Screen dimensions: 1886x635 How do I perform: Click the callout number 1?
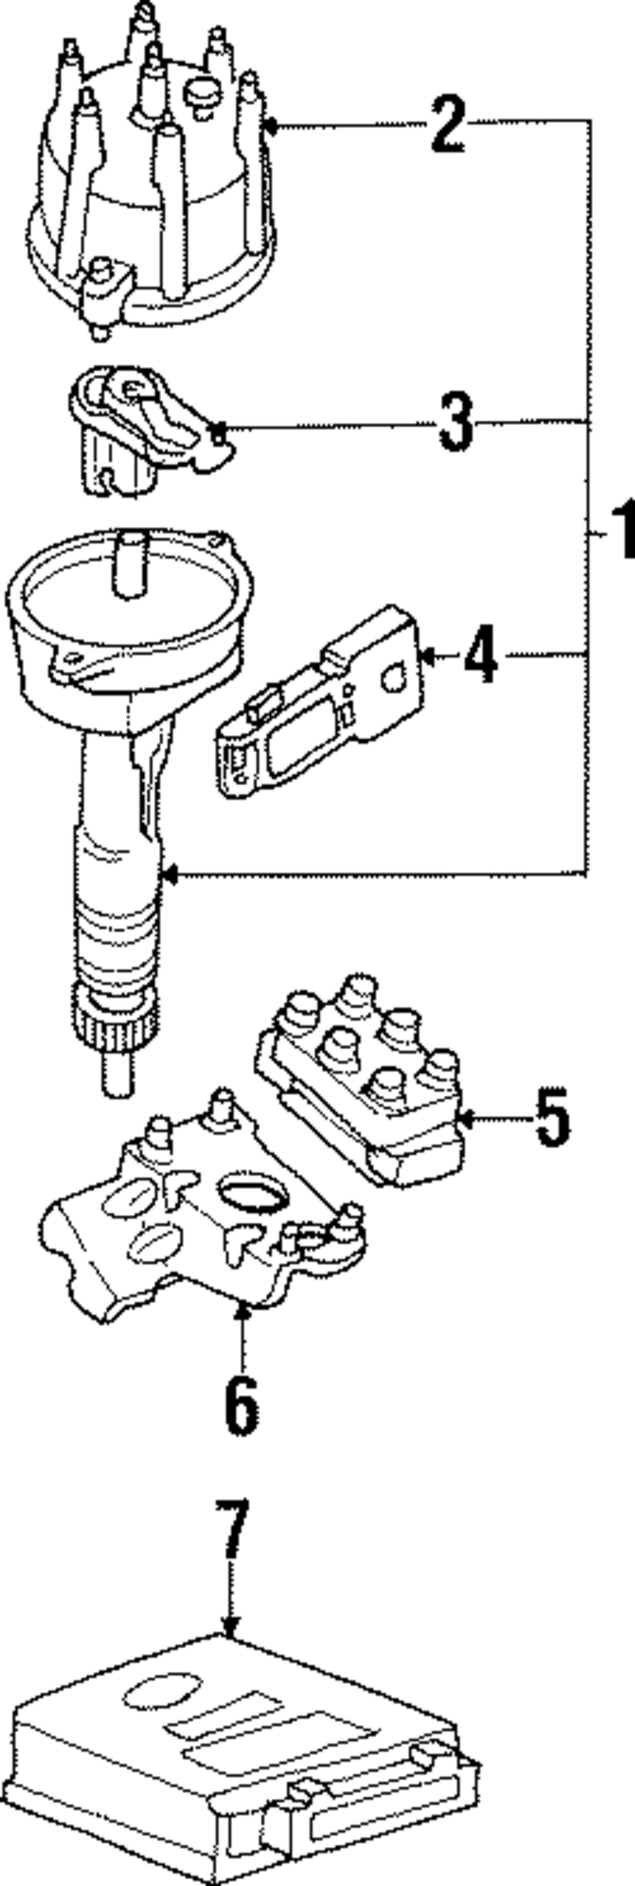[x=620, y=531]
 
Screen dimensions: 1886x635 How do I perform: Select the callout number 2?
[x=447, y=124]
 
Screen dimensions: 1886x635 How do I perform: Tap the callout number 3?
[x=456, y=422]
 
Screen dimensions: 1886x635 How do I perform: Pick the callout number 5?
[x=552, y=1118]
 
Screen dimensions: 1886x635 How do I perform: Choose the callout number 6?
[x=241, y=1402]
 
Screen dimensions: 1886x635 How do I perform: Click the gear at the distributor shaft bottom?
[x=114, y=1031]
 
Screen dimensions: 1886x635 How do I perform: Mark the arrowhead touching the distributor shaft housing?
[x=169, y=875]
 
